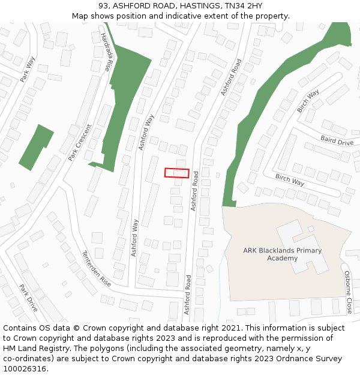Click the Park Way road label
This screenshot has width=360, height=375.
[28, 69]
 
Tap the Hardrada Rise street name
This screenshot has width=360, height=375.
[107, 52]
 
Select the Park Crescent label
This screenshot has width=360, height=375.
[80, 142]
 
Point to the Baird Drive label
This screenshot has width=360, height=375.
[337, 141]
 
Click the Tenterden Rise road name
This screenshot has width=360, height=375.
[97, 268]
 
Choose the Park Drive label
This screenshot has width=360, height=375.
[28, 298]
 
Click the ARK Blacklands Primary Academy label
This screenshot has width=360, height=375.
[282, 254]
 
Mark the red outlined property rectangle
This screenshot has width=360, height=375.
[177, 173]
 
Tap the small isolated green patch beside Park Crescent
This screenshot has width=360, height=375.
[37, 147]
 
